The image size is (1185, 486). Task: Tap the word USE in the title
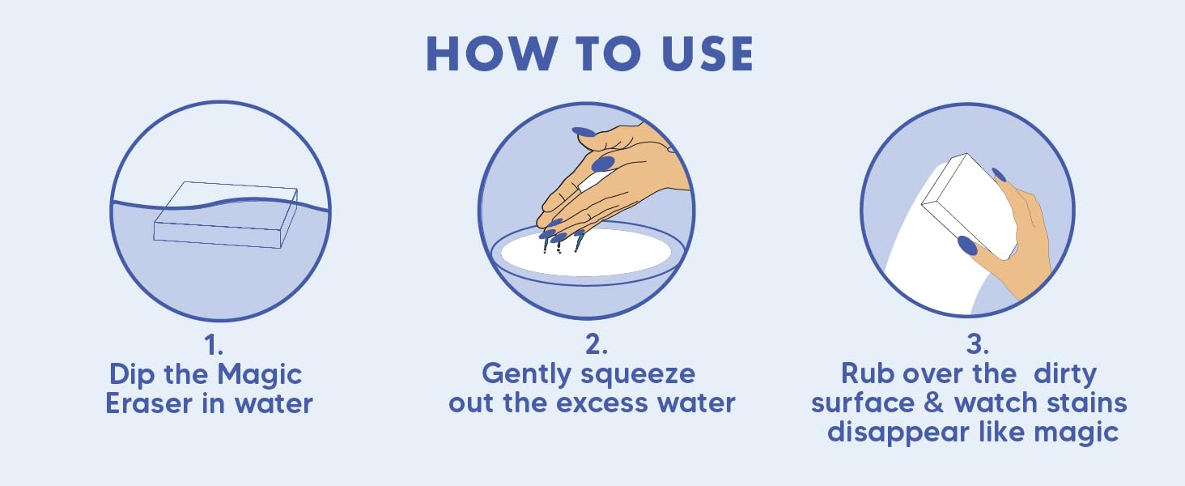click(707, 53)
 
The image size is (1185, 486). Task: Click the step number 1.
click(214, 346)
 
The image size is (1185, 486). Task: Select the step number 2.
click(597, 344)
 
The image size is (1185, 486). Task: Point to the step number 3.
click(977, 344)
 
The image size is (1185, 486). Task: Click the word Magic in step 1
click(259, 376)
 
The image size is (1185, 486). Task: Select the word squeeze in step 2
click(638, 375)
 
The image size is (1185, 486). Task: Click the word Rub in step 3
click(868, 373)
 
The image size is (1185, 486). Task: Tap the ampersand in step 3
click(934, 403)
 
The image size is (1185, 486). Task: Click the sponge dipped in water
click(225, 215)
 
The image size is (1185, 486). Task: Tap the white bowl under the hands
click(586, 253)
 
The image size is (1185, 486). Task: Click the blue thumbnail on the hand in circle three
click(967, 246)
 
